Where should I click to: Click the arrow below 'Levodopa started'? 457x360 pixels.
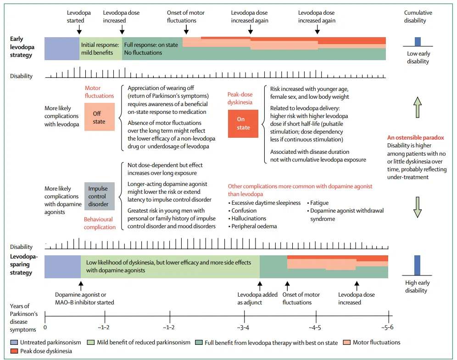(79, 29)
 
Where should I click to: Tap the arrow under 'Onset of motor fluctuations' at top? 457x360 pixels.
(186, 29)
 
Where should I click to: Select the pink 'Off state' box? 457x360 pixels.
(100, 117)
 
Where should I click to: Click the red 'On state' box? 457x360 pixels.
(243, 124)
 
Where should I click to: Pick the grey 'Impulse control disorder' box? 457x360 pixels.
(100, 197)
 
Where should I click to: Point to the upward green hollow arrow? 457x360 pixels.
(418, 107)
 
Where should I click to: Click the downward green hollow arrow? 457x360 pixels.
(418, 207)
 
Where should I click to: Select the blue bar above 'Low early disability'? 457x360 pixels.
(418, 41)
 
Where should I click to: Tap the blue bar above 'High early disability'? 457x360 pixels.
(417, 265)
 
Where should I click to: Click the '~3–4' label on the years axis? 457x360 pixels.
(243, 327)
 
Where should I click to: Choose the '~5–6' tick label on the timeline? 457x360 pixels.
(387, 327)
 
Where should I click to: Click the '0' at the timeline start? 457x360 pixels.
(45, 327)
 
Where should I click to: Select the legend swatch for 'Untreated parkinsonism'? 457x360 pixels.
(14, 343)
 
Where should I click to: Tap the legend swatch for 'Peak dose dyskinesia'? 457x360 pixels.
(14, 351)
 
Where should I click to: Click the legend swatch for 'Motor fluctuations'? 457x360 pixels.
(347, 343)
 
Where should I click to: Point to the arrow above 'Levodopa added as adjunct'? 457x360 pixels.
(260, 286)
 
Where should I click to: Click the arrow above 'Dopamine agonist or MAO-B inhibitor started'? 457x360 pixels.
(81, 286)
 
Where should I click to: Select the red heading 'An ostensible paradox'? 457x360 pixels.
(416, 138)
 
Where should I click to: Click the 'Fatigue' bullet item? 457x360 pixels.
(318, 203)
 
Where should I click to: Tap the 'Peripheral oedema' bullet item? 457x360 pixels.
(253, 226)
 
